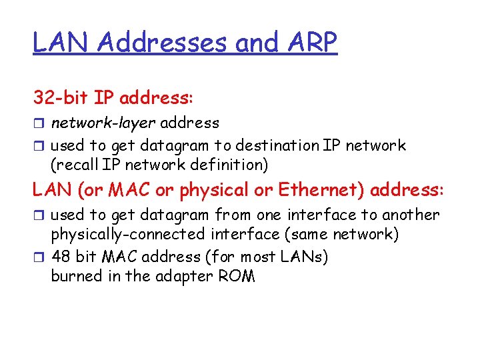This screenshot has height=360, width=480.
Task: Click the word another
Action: point(410,215)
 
